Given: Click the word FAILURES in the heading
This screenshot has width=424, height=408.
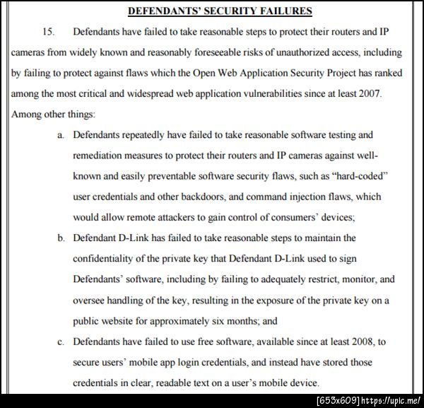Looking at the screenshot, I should click(266, 11).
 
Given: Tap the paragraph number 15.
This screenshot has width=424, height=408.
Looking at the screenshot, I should click(48, 32).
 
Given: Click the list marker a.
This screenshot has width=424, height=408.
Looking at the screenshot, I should click(61, 134).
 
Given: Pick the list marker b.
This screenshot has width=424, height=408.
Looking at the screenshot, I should click(61, 238).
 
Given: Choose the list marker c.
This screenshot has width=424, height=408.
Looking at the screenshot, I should click(61, 342).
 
